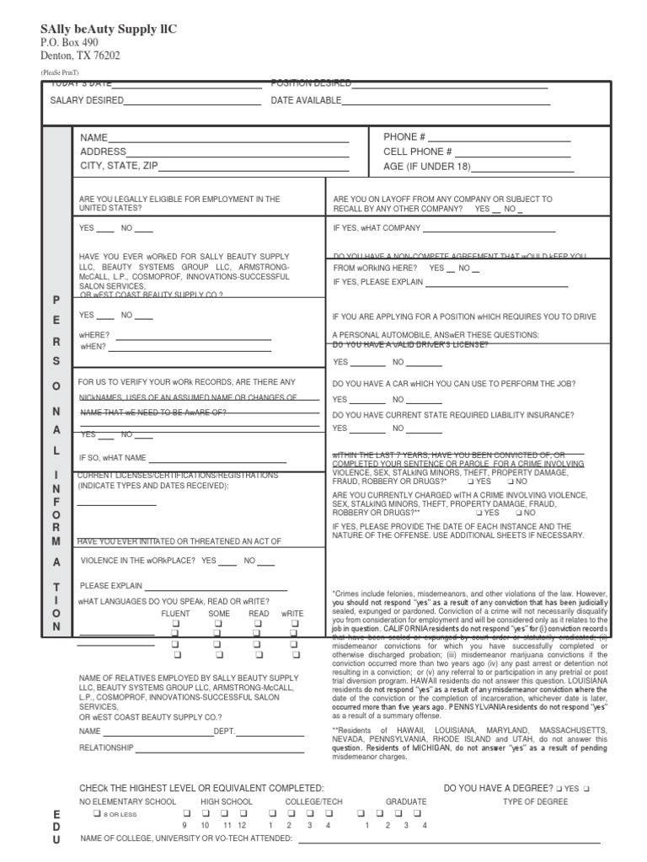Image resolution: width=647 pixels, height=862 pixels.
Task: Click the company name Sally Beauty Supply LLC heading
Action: coord(110,29)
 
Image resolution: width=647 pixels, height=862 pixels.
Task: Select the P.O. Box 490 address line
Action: coord(70,43)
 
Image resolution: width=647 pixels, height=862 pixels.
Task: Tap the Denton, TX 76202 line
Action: coord(81,56)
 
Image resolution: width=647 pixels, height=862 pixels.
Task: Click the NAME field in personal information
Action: coord(228,138)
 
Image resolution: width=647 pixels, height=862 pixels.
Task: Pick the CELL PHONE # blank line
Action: coord(515,152)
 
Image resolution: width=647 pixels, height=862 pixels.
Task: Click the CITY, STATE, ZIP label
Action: coord(119,166)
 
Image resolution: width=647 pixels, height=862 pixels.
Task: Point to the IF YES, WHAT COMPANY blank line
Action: coord(489,228)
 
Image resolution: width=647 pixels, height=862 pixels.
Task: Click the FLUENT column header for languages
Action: coord(176,614)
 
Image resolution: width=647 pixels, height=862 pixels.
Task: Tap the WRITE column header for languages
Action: coord(292,614)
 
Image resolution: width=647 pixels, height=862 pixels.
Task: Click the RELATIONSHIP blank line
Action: coord(220,748)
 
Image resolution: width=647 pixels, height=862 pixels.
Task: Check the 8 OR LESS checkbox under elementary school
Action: coord(98,814)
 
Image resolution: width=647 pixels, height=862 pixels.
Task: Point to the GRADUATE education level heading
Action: coord(406,801)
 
